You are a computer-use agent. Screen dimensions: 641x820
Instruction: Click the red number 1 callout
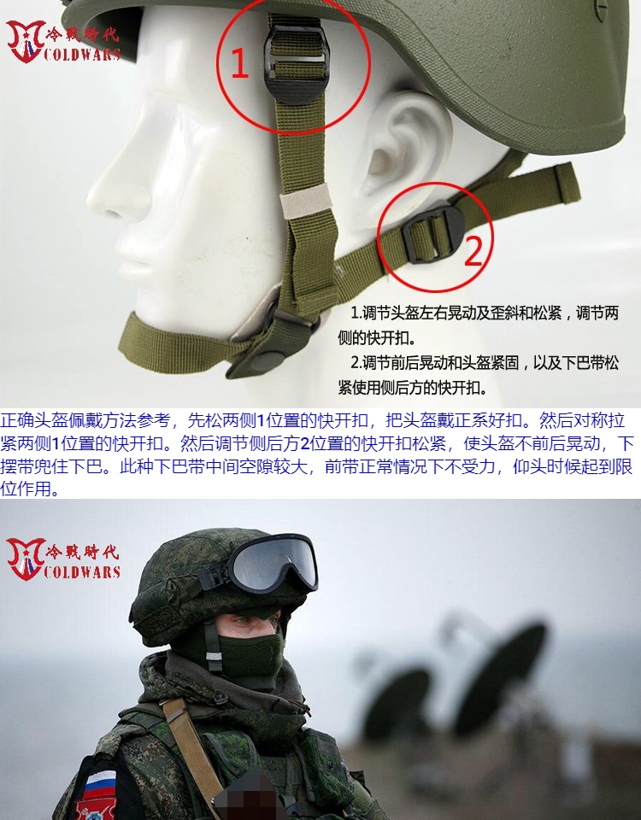pyautogui.click(x=239, y=63)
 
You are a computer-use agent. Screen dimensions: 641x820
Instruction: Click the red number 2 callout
pyautogui.click(x=473, y=250)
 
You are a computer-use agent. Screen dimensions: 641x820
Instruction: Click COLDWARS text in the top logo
pyautogui.click(x=83, y=54)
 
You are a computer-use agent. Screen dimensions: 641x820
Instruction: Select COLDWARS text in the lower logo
pyautogui.click(x=83, y=571)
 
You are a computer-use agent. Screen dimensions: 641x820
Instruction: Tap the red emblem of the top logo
pyautogui.click(x=25, y=41)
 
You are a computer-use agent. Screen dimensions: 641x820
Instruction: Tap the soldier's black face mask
pyautogui.click(x=250, y=653)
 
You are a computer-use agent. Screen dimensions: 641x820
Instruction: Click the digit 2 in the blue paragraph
pyautogui.click(x=304, y=444)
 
